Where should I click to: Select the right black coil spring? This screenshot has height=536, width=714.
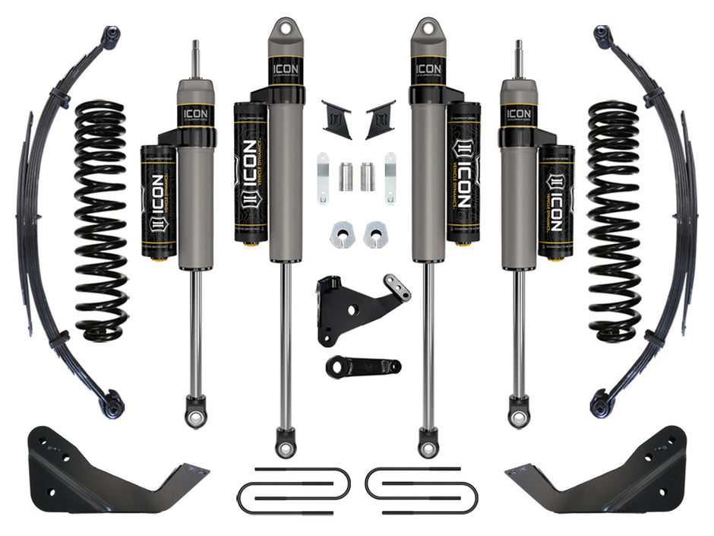tap(613, 220)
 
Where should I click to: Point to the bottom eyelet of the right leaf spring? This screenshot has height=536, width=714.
tap(602, 403)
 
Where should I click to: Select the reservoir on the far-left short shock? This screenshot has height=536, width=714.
tap(158, 201)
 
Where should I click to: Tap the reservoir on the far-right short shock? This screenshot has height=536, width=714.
tap(556, 201)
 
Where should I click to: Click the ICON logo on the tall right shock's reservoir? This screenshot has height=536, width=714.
tap(463, 171)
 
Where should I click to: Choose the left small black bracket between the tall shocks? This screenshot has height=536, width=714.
tap(335, 119)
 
